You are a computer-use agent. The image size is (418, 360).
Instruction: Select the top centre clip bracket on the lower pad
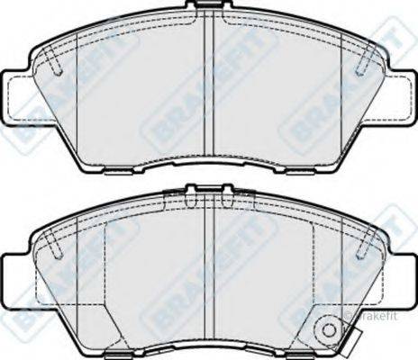coord(208,192)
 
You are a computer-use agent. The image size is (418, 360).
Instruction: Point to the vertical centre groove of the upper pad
coord(209,90)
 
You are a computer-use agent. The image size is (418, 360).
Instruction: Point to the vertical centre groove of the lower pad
coord(209,270)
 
